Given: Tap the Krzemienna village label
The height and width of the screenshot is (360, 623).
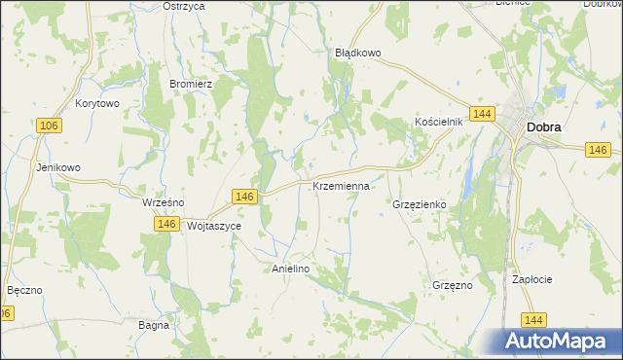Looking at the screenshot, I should coord(341,186).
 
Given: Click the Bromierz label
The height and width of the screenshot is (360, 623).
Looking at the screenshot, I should coord(191,84).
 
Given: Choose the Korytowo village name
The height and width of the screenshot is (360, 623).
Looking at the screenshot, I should coord(96,103).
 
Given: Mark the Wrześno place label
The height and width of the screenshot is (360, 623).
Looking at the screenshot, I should coord(164,202).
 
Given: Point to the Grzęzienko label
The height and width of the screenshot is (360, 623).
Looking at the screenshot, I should coord(419,205).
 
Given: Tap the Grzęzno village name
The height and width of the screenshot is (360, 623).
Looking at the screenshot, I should coord(452,286).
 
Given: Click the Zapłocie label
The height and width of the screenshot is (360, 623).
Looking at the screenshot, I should coord(532,279).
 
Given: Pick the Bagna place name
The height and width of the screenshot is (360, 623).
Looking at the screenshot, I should coord(155,325).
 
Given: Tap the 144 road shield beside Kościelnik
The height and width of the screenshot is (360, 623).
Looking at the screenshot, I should coord(480,115).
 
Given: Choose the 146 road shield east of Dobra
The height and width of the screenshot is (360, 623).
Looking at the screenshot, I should coord(598,149).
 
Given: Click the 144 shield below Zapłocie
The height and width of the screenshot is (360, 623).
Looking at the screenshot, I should coord(531,319).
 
